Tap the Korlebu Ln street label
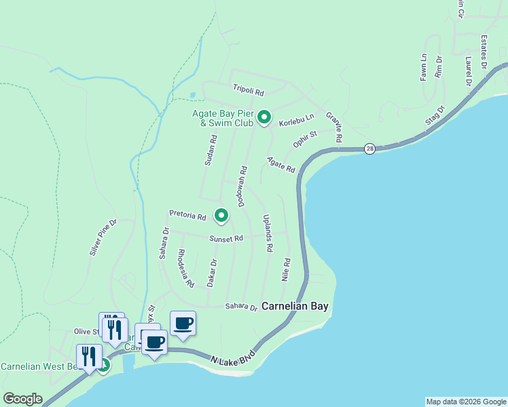click(x=297, y=119)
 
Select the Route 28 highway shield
click(x=369, y=149)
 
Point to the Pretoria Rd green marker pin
click(x=221, y=215)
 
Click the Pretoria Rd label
click(x=187, y=216)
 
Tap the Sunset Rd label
click(x=226, y=239)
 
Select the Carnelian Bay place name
click(x=295, y=307)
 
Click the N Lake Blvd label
click(x=232, y=358)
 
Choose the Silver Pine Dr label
click(x=103, y=237)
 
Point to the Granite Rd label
click(x=333, y=127)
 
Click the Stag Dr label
click(x=434, y=115)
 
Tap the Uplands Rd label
click(x=267, y=233)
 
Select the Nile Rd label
click(x=287, y=269)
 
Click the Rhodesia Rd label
click(x=185, y=267)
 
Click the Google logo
click(x=22, y=399)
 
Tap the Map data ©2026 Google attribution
click(x=465, y=402)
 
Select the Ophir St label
click(x=305, y=140)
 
